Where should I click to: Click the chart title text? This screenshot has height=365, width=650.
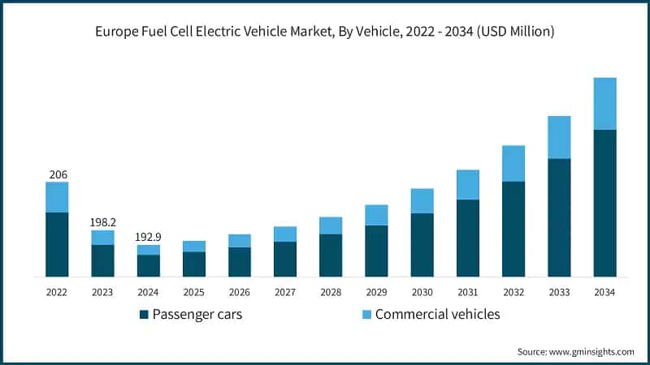click(x=325, y=32)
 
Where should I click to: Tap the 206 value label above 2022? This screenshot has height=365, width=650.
click(x=58, y=174)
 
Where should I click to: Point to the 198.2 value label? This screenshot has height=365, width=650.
click(x=102, y=221)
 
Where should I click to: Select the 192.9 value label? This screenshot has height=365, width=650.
click(x=148, y=237)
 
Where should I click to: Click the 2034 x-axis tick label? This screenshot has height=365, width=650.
click(x=604, y=291)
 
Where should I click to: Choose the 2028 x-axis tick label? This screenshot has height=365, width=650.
click(x=330, y=291)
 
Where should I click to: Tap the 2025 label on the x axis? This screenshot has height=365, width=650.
click(x=193, y=291)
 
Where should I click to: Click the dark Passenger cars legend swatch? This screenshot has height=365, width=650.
click(x=145, y=314)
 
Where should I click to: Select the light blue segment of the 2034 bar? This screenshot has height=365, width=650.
click(x=604, y=103)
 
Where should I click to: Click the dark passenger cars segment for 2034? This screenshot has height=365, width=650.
click(x=604, y=203)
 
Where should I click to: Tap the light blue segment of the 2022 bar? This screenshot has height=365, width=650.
click(x=57, y=197)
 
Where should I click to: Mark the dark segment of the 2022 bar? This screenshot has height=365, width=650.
click(x=57, y=244)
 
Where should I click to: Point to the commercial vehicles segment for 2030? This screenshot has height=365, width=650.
click(x=422, y=200)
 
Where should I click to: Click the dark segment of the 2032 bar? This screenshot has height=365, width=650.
click(x=513, y=229)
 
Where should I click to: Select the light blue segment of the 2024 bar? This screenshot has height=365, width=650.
click(x=148, y=250)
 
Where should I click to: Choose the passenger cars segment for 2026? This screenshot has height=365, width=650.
click(x=239, y=262)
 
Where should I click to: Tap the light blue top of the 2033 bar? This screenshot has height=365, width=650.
click(x=558, y=137)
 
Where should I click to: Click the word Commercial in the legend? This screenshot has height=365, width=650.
click(x=409, y=314)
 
